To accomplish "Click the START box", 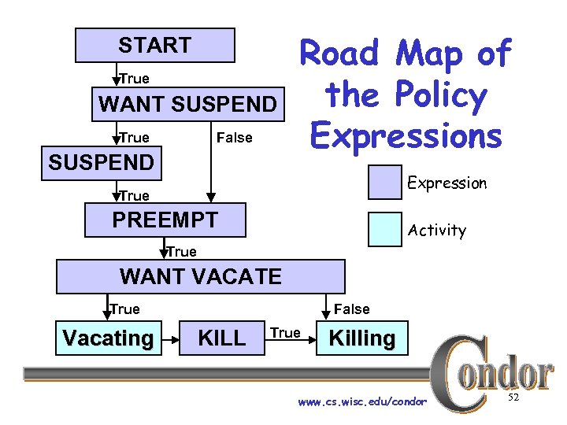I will point(154,45).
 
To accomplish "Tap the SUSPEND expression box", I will point(101,163).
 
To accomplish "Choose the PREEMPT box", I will point(165,220).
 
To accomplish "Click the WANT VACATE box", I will point(200,276).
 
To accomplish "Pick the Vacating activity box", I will point(108,338).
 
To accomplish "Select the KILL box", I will point(221,338).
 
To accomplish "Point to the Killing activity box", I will point(362,338).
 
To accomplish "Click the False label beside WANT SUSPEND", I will point(234,138).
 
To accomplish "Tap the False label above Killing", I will point(351,309).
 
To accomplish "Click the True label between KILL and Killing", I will point(285,333).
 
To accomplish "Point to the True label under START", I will point(135,79).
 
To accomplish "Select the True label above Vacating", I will point(124,309).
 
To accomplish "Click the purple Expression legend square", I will point(385,182).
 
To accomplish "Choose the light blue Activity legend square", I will point(385,229).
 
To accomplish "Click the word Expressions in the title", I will point(406,135).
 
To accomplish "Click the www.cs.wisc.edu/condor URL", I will point(362,402).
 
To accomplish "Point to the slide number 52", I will point(513,399).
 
